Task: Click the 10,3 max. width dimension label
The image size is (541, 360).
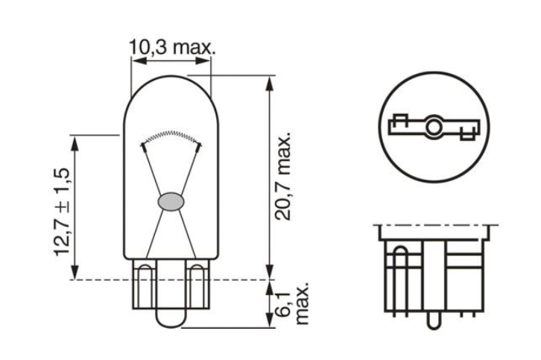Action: (172, 48)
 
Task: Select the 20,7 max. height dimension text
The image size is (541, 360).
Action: (283, 177)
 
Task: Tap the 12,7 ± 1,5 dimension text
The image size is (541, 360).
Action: (62, 212)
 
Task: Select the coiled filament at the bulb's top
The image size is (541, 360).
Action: (171, 136)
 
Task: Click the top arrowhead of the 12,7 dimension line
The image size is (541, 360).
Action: (75, 139)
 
